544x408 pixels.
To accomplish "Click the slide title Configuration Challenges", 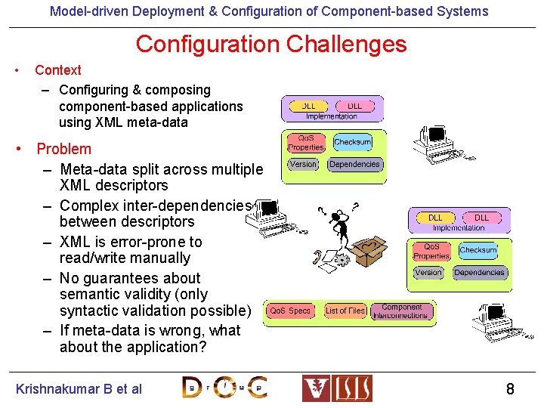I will (x=271, y=45).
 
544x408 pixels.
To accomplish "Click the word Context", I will (x=58, y=70).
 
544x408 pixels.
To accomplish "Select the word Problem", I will (x=63, y=149).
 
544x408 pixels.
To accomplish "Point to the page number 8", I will (x=510, y=389).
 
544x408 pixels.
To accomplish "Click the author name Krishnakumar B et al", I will (x=79, y=389).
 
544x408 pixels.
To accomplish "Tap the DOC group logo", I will (x=224, y=387).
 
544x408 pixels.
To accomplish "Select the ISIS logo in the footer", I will (x=337, y=388).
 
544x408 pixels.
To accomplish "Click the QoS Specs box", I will (x=290, y=311).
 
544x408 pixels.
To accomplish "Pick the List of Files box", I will (x=345, y=311).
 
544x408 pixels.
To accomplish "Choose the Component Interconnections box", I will (x=402, y=311).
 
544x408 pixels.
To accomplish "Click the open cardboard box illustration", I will (x=372, y=251).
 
